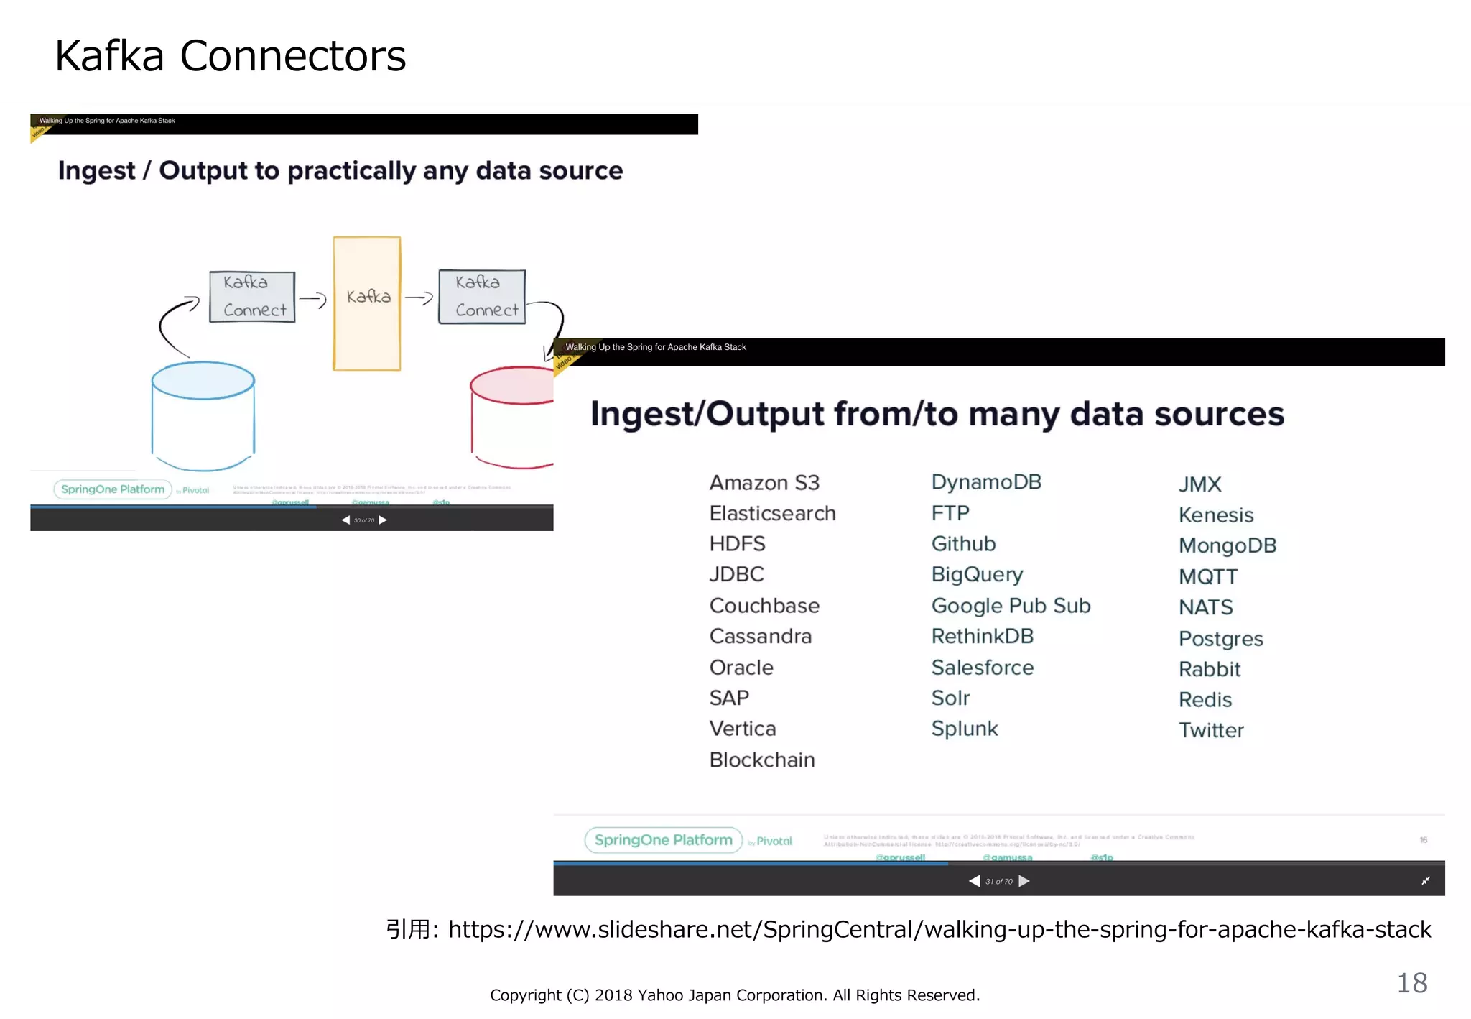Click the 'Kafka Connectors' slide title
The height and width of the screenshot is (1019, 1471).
230,56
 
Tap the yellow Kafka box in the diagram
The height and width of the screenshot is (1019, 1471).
367,303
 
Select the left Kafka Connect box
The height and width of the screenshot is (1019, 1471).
252,297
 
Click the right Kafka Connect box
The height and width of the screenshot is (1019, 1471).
482,297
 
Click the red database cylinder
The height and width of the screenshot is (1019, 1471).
511,417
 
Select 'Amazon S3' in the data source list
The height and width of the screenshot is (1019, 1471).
764,483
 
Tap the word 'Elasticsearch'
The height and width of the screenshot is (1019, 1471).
772,513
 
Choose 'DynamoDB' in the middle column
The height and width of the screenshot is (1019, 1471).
985,482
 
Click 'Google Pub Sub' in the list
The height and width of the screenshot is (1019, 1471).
1011,606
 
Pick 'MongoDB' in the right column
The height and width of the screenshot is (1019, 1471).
1227,545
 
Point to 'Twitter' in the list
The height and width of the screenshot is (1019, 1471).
1211,730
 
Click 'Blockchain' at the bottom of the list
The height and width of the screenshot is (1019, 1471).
762,760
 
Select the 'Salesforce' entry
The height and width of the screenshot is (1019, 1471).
982,668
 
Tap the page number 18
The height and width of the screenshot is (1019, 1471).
1411,983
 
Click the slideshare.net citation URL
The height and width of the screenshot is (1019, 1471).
939,929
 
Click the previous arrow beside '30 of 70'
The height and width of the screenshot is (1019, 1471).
345,520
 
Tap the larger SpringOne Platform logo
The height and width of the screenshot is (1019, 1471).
663,840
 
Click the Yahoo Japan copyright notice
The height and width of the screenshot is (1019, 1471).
735,995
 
